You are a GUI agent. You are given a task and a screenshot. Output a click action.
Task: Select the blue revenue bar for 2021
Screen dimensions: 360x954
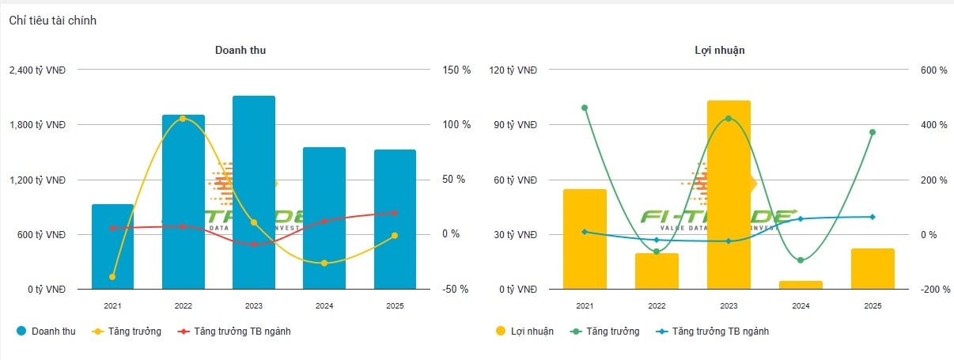point(112,246)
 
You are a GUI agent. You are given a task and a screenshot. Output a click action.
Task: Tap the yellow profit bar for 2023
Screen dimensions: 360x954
point(729,195)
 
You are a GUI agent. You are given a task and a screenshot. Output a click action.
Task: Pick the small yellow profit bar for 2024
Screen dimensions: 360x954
point(801,285)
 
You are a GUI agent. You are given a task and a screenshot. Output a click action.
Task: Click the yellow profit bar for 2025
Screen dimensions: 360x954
point(873,269)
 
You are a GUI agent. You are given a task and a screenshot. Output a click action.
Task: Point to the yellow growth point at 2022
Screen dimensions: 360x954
point(183,119)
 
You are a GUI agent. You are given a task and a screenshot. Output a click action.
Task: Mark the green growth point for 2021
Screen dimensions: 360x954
point(585,108)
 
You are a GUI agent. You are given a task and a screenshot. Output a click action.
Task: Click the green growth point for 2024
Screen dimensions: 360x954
point(801,260)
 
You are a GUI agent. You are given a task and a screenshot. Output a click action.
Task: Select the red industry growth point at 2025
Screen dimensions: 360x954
point(395,213)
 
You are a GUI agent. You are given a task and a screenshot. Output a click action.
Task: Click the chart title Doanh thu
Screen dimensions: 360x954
point(240,50)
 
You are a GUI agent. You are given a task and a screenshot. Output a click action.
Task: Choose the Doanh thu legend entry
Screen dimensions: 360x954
point(46,332)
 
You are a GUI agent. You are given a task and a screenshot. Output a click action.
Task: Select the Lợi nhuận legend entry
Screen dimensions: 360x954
point(524,332)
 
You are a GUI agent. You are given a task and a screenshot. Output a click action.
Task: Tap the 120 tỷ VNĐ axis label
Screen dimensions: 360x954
point(513,70)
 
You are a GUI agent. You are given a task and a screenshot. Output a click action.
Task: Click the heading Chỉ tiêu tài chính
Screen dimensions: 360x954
point(53,21)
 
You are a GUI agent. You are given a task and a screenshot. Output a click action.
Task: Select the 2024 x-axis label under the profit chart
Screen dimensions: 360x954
point(801,305)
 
